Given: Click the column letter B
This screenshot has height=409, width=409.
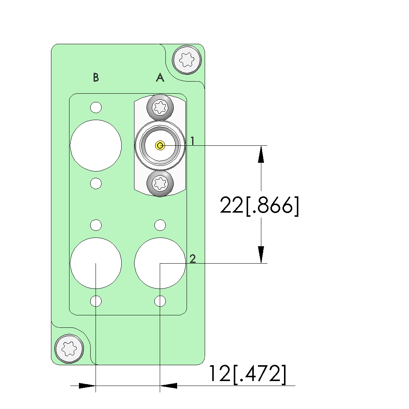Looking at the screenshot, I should click(96, 77).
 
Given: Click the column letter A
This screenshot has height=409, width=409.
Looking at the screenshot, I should click(160, 77).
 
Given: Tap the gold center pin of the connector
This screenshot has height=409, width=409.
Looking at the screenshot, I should click(160, 145).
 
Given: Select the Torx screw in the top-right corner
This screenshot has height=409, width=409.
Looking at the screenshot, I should click(186, 59).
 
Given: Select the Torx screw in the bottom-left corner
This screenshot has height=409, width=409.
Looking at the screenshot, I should click(69, 349).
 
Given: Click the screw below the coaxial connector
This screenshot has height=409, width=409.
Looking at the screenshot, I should click(160, 184).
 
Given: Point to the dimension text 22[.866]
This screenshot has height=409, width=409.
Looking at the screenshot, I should click(259, 206).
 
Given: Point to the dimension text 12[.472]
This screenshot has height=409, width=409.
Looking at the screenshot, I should click(247, 374).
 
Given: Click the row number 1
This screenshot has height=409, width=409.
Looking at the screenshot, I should click(192, 141).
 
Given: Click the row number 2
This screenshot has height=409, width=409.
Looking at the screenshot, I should click(193, 259).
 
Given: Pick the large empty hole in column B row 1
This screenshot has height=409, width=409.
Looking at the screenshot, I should click(96, 145).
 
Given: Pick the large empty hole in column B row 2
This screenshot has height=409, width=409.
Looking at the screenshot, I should click(96, 263).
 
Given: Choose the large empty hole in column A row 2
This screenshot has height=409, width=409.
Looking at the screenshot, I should click(160, 263).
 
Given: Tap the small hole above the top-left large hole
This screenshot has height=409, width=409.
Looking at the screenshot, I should click(96, 107).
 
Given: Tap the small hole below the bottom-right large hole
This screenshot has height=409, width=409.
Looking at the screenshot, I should click(160, 301).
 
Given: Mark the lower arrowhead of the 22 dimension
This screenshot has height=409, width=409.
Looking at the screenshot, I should click(261, 255).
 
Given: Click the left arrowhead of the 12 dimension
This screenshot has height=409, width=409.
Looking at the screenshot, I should click(87, 386).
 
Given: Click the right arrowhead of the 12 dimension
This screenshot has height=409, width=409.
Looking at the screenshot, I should click(169, 386).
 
